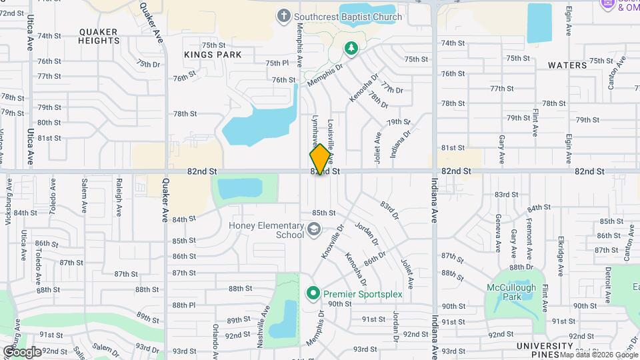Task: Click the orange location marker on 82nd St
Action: [321, 159]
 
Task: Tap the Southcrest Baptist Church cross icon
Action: [283, 17]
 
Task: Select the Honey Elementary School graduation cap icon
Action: [313, 230]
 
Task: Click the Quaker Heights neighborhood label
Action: [99, 36]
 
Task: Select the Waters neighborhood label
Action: [567, 65]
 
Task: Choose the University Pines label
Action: [544, 349]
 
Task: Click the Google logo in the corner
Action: [21, 351]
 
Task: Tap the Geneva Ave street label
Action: [498, 233]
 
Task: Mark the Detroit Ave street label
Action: [608, 283]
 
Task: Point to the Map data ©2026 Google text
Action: [599, 355]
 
